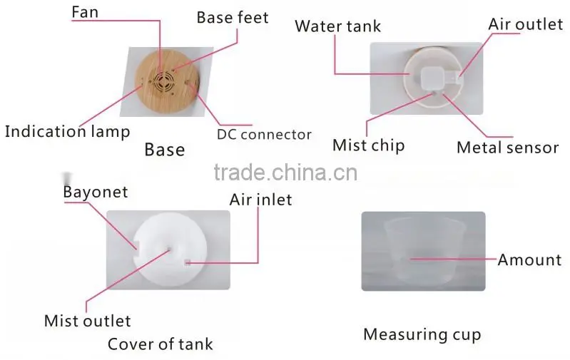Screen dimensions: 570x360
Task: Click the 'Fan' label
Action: point(85,12)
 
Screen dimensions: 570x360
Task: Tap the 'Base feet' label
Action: point(233,17)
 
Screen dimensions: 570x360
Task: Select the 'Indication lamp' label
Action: point(67,131)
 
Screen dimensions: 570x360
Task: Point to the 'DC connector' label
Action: point(264,135)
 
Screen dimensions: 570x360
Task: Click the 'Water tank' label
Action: point(337,26)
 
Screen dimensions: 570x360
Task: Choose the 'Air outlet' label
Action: point(526,24)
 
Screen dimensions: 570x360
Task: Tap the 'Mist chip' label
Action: point(369,145)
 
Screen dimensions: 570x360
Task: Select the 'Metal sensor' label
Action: point(507,148)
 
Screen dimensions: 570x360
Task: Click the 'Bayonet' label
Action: point(96,192)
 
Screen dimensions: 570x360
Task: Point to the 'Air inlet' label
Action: point(260,200)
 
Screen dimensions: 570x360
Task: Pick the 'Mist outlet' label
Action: point(87,321)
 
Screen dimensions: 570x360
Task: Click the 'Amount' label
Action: point(529,259)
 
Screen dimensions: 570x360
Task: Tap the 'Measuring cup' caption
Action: point(422,334)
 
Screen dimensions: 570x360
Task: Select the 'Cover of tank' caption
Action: point(161,344)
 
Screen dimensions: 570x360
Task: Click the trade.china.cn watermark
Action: point(286,173)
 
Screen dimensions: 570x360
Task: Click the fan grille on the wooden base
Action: point(164,81)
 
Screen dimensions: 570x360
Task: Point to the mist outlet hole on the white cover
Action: point(169,250)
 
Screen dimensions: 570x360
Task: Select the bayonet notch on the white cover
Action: point(136,245)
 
